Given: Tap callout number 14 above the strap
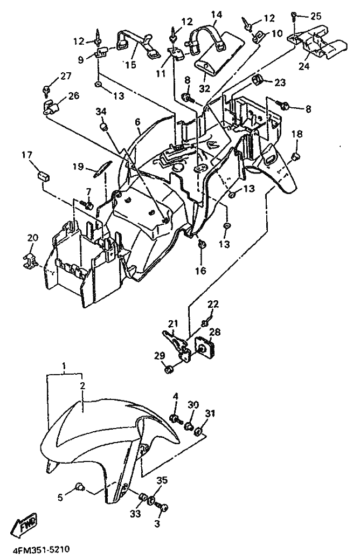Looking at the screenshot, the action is click(x=216, y=15).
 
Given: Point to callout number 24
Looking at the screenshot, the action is click(x=304, y=66).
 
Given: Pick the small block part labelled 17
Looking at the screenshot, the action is click(x=43, y=176).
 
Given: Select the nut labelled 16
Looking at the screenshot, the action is click(x=202, y=245).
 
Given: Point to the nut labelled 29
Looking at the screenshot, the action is click(x=169, y=369).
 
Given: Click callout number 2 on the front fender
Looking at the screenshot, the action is click(x=82, y=386).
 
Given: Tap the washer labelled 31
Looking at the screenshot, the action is click(x=199, y=432).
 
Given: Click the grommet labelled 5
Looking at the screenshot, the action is click(x=80, y=486).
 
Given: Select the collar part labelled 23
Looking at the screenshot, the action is click(x=257, y=80).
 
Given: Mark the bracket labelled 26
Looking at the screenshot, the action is click(x=51, y=107).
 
